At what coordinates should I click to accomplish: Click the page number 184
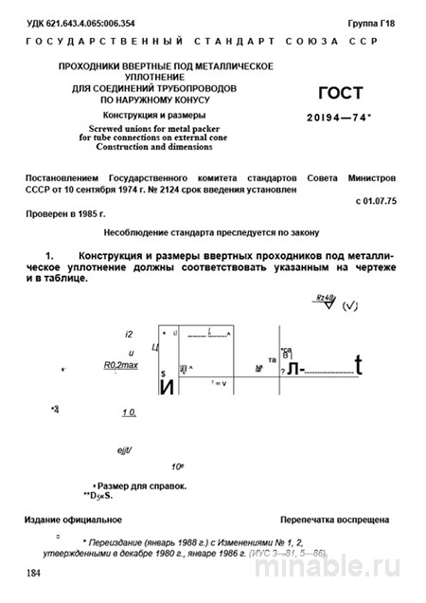(34, 574)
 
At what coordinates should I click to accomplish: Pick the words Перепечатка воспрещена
(334, 521)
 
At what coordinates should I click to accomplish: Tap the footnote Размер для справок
(151, 485)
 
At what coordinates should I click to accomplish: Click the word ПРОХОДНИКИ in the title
(98, 66)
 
